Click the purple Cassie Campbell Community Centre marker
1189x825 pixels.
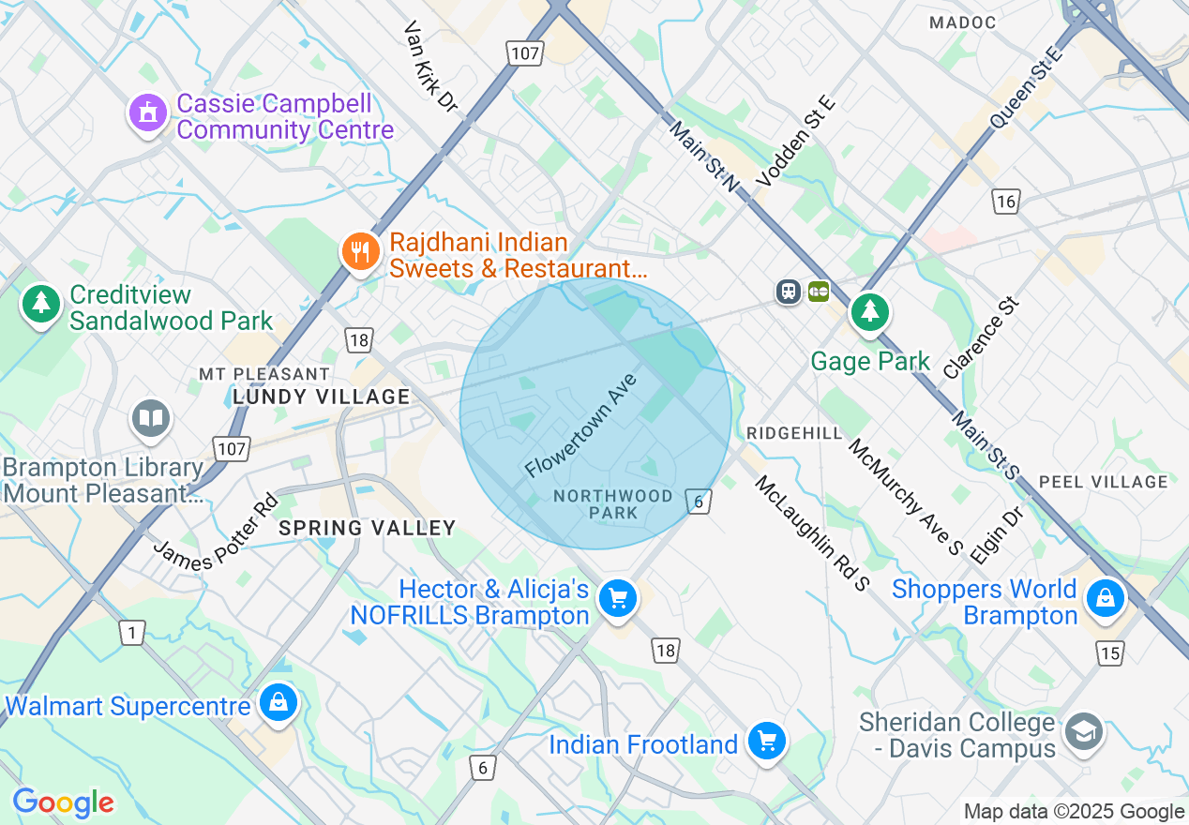click(x=146, y=114)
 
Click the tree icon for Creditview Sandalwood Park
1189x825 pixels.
click(x=40, y=303)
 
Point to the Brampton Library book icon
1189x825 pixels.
click(x=150, y=418)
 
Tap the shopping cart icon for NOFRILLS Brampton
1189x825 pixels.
click(x=618, y=597)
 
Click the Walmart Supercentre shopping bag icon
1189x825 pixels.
click(x=278, y=702)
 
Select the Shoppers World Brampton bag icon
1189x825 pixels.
click(x=1106, y=597)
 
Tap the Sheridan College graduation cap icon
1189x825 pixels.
click(x=1085, y=730)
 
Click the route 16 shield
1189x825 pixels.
click(x=1006, y=201)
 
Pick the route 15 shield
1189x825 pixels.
click(x=1110, y=653)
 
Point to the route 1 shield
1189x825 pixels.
click(x=132, y=634)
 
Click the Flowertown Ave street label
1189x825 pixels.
click(x=581, y=425)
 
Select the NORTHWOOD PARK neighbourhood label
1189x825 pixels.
click(x=613, y=504)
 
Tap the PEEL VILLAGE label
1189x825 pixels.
click(x=1104, y=482)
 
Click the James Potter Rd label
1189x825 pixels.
click(x=216, y=530)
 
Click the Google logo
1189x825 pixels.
click(x=64, y=802)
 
